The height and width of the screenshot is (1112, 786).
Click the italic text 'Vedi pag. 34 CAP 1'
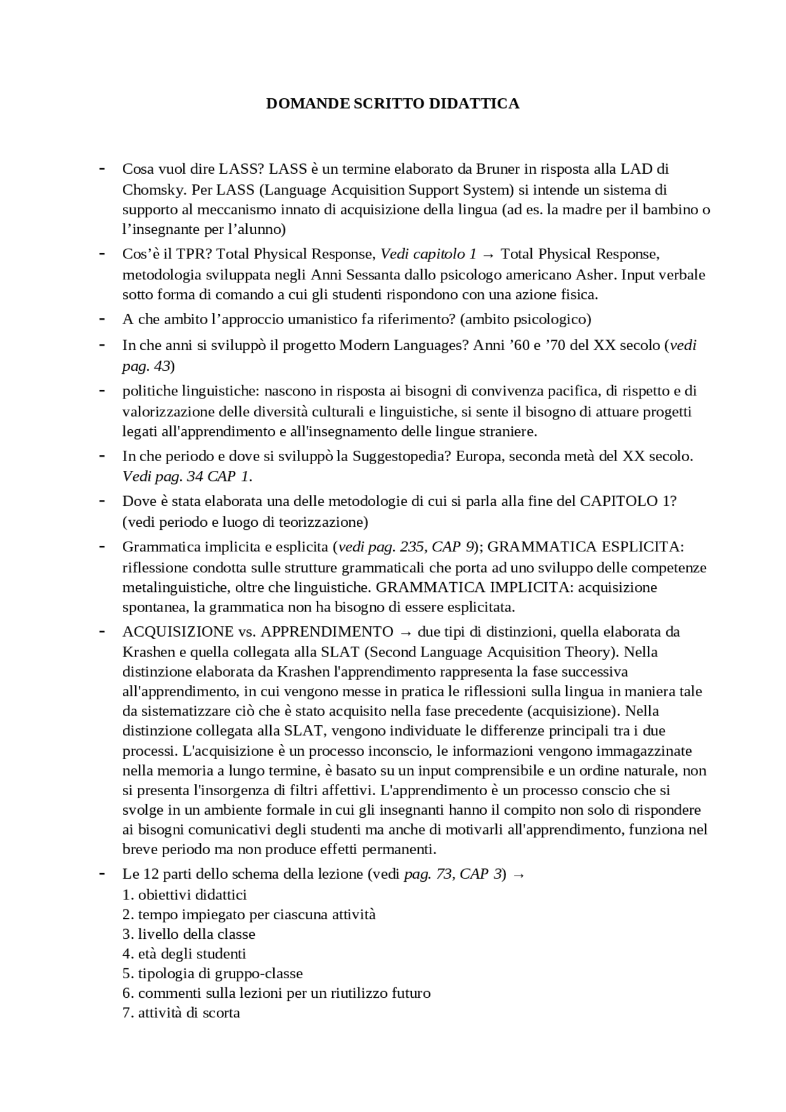tap(186, 476)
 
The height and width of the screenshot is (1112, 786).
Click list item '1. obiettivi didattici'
tap(184, 895)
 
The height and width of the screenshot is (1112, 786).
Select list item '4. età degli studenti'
tap(184, 954)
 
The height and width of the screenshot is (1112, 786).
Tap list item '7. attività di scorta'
tap(181, 1013)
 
